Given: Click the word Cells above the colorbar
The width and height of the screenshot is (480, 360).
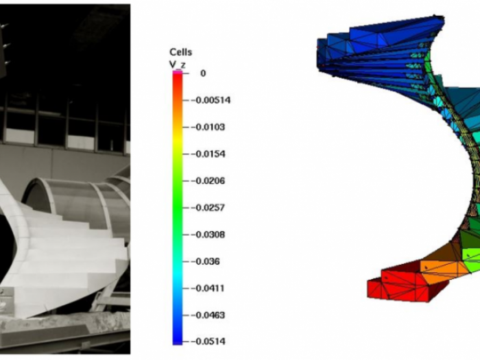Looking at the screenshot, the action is (x=180, y=52).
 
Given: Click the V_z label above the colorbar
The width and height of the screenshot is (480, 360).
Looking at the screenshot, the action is (x=178, y=64).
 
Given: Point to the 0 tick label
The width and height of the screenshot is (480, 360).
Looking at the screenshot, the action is (x=203, y=73).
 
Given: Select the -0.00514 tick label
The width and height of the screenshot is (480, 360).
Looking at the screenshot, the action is (x=211, y=100).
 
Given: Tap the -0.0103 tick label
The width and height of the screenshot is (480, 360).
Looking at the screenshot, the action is (x=208, y=127).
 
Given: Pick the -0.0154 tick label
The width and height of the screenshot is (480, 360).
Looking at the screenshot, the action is (x=208, y=154).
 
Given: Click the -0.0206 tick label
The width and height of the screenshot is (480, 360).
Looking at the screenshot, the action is (x=208, y=180).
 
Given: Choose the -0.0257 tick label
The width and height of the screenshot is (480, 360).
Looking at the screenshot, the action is (x=208, y=208).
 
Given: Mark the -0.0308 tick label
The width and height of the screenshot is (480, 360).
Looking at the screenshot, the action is (x=208, y=235).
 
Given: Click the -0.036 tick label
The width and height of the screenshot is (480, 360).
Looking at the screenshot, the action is (x=206, y=261).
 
